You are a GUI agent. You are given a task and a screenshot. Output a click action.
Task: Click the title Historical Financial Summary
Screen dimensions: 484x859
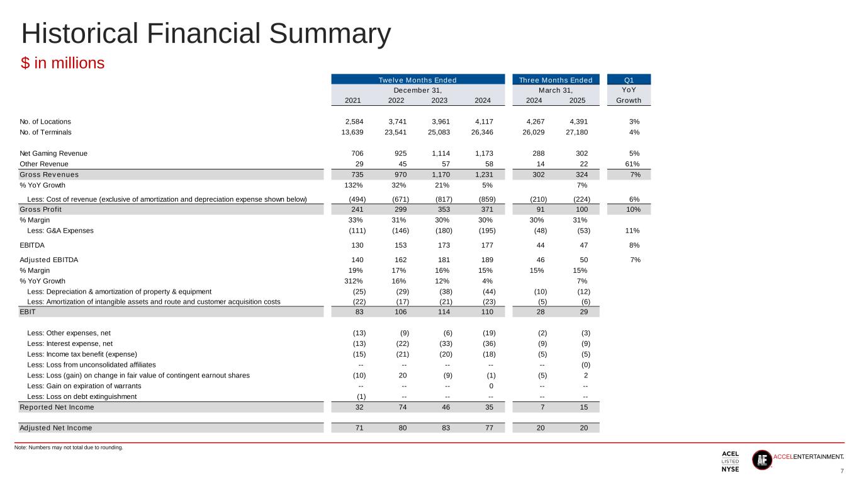pos(206,34)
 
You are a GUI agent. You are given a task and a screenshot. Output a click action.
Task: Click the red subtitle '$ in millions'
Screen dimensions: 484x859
pos(62,64)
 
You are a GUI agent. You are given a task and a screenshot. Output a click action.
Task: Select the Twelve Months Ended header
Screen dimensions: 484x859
pos(418,80)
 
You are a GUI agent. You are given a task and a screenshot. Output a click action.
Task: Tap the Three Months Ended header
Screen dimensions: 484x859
pos(556,80)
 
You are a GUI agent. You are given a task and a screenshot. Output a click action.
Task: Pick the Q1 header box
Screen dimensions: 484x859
pos(628,80)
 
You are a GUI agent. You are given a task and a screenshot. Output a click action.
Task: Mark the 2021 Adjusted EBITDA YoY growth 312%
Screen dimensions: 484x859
pos(356,281)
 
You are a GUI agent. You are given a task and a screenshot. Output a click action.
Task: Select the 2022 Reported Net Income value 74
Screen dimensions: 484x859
pos(401,407)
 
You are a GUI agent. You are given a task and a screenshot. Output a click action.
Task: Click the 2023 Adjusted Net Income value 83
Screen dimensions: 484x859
pos(444,428)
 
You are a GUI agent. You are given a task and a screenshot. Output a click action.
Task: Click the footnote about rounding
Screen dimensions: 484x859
pos(69,448)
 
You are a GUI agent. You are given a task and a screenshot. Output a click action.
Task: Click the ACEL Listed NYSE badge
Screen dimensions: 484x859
pos(730,461)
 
